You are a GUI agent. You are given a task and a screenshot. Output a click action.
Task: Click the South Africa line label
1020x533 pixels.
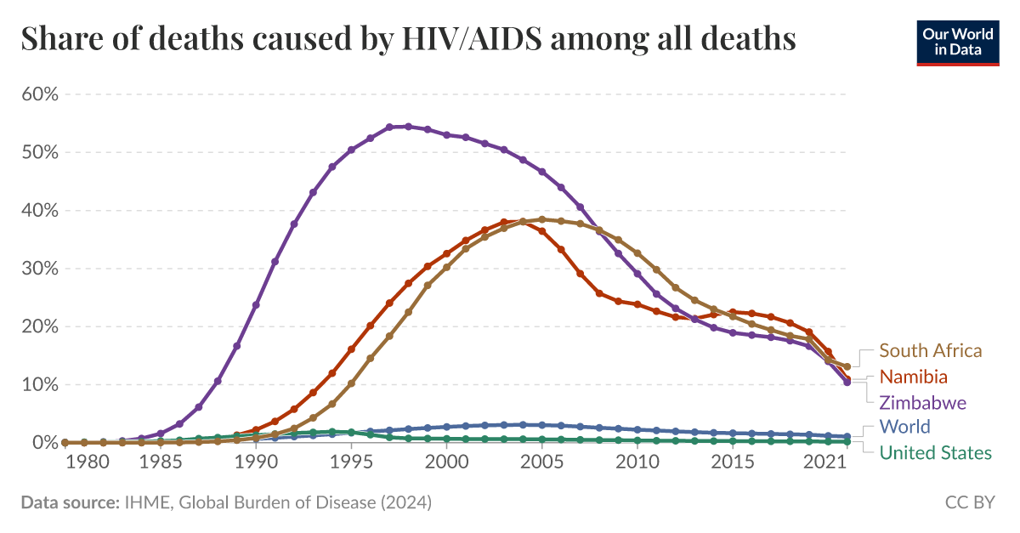pyautogui.click(x=930, y=350)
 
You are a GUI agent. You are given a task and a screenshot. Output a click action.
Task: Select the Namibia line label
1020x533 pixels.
pyautogui.click(x=913, y=377)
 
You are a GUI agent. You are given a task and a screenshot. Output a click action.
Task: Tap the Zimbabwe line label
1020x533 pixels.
pyautogui.click(x=922, y=402)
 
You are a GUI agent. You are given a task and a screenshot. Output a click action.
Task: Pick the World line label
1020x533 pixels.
pyautogui.click(x=904, y=427)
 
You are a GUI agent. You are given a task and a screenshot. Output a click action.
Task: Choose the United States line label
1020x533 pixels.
pyautogui.click(x=935, y=452)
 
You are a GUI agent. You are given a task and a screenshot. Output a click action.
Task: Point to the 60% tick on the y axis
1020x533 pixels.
pyautogui.click(x=40, y=94)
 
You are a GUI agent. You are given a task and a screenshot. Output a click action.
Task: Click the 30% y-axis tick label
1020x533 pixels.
pyautogui.click(x=40, y=269)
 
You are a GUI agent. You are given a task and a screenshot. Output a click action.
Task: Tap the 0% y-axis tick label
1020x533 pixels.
pyautogui.click(x=44, y=443)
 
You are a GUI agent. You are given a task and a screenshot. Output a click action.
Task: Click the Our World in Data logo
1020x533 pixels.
pyautogui.click(x=957, y=40)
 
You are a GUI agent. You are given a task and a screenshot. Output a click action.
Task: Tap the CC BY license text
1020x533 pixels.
pyautogui.click(x=970, y=503)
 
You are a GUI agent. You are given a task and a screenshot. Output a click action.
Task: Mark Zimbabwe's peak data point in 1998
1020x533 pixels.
pyautogui.click(x=408, y=127)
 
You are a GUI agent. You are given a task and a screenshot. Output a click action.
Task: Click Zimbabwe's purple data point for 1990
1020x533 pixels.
pyautogui.click(x=256, y=304)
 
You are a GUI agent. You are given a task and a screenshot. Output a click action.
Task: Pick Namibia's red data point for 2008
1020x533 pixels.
pyautogui.click(x=599, y=293)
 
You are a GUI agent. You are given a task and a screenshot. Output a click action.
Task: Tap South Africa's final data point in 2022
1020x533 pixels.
pyautogui.click(x=847, y=366)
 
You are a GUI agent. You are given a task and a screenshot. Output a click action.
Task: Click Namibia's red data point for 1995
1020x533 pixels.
pyautogui.click(x=351, y=349)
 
